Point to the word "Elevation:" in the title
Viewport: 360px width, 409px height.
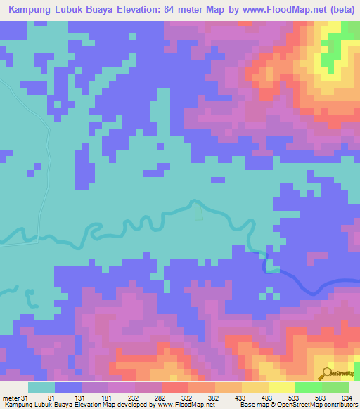tap(135, 9)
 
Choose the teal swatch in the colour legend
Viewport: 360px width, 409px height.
tap(41, 387)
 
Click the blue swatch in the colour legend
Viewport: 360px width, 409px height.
tap(68, 387)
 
